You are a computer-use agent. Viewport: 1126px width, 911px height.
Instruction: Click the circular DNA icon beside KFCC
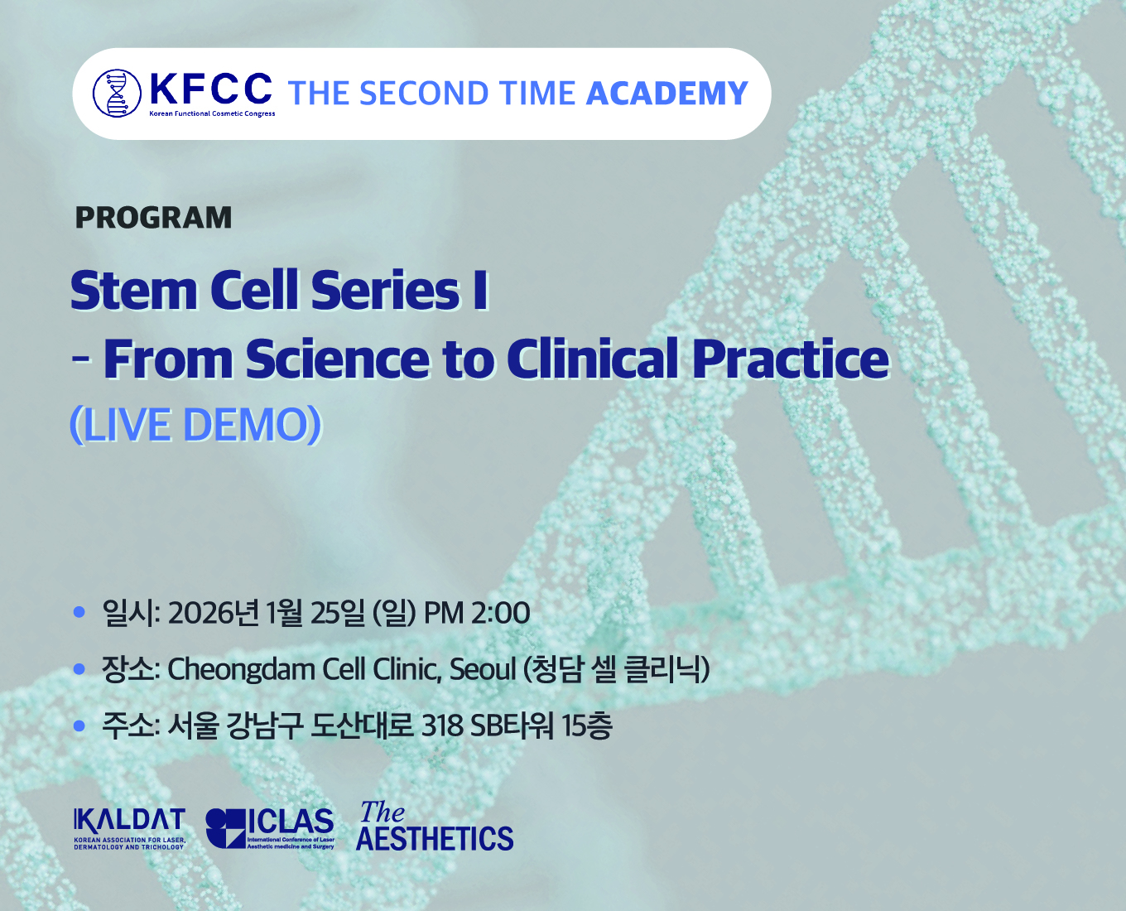click(117, 93)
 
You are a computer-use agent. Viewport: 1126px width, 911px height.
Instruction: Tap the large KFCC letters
click(211, 89)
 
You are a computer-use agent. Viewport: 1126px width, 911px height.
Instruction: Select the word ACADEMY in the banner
click(667, 93)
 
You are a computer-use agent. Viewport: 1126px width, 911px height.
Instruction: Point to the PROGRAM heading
click(153, 217)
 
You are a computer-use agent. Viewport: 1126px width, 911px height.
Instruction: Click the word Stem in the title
click(135, 290)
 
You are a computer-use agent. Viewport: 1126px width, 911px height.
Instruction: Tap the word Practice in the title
click(791, 359)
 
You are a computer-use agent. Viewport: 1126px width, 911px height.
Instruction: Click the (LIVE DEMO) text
click(195, 425)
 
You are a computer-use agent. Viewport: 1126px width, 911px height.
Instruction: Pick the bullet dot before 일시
click(79, 612)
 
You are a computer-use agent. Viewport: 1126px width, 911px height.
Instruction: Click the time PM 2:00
click(478, 614)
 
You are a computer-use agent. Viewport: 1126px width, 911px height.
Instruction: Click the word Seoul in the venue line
click(483, 669)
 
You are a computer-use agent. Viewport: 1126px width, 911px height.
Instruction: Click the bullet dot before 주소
click(79, 726)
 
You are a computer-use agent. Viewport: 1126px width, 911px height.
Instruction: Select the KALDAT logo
click(129, 827)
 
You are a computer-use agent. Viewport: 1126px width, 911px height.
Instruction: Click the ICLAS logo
click(270, 828)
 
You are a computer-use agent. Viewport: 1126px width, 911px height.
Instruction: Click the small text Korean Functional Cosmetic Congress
click(212, 113)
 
